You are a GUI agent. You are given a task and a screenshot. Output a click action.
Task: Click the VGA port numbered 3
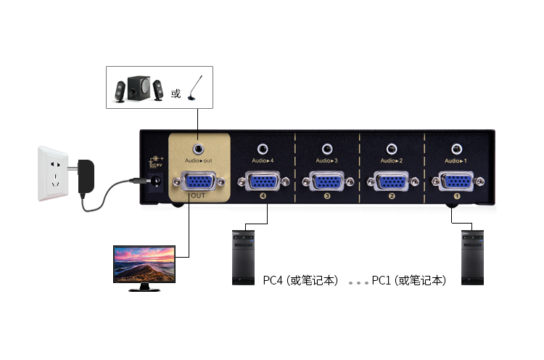(x=328, y=181)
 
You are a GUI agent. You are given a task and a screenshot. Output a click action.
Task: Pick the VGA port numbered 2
(x=392, y=181)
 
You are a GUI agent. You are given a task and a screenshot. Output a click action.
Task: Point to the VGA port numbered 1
(x=456, y=181)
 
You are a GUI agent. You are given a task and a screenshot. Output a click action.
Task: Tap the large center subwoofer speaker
(x=140, y=89)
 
